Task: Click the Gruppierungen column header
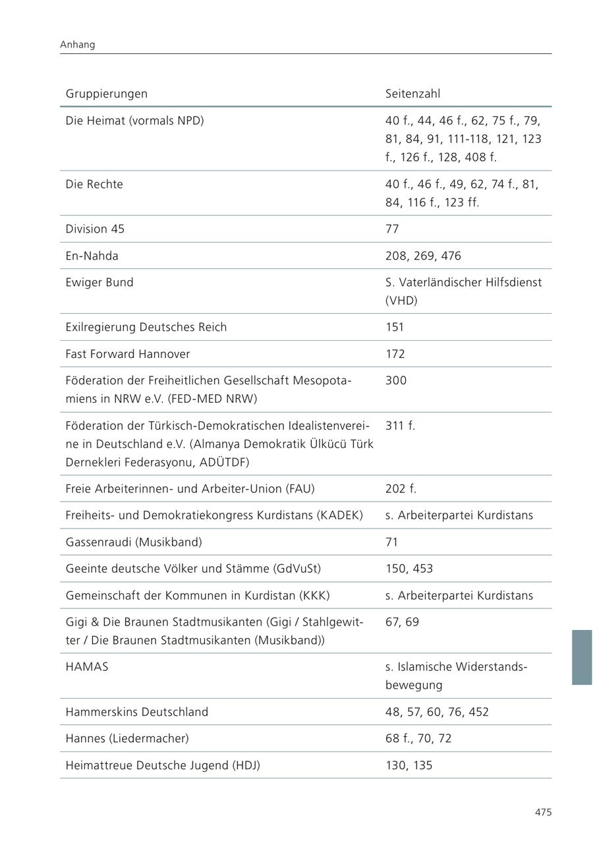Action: click(106, 94)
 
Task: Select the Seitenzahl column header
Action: click(412, 94)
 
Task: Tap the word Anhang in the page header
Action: click(77, 45)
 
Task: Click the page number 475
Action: click(543, 813)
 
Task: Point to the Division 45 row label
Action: click(95, 229)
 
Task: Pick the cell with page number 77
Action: click(392, 229)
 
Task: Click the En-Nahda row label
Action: click(92, 256)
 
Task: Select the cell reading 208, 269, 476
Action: click(423, 256)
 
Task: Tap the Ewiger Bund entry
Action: click(99, 282)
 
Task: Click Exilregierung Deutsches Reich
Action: click(146, 327)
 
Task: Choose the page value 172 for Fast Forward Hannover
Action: click(395, 354)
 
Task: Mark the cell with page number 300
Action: click(396, 380)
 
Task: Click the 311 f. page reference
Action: click(401, 425)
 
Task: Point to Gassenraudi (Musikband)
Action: click(134, 542)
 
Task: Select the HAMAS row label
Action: click(86, 666)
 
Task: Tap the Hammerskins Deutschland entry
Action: click(136, 712)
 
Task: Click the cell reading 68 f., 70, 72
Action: click(418, 738)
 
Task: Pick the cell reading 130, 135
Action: click(409, 765)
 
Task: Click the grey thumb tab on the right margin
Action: click(581, 657)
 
